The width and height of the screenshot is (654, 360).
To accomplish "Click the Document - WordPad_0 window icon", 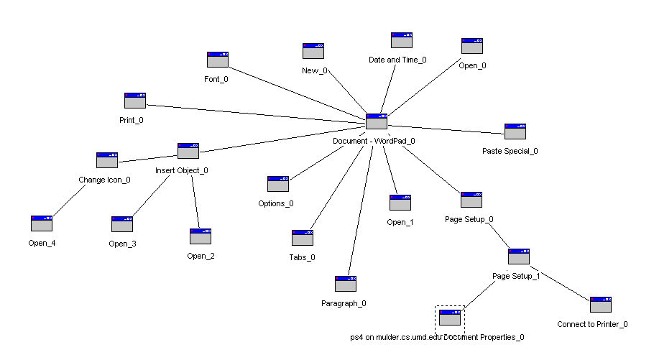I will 377,121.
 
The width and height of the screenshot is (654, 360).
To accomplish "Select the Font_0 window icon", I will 218,60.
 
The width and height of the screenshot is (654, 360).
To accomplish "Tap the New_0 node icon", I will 313,51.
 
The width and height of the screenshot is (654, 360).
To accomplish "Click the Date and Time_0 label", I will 397,60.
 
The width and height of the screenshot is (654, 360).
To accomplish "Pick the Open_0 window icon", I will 471,46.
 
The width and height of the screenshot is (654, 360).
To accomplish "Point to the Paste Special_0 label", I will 510,152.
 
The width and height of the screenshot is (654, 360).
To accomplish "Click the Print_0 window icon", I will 135,101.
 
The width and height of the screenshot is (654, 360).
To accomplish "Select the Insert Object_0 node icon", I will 188,151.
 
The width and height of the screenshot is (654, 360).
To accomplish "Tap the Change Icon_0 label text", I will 104,180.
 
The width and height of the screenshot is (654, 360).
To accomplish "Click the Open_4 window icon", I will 42,223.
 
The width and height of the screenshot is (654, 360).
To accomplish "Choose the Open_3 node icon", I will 122,224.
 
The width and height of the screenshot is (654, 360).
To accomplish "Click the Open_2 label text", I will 201,257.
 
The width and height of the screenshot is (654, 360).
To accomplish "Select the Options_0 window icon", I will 278,184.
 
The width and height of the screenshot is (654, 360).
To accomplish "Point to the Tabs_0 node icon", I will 303,238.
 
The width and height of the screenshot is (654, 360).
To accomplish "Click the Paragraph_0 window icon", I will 346,284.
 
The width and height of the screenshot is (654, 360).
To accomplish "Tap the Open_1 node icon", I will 400,203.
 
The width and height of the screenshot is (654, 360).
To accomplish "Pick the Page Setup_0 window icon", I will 471,200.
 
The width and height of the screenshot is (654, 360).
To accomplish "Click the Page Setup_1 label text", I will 516,277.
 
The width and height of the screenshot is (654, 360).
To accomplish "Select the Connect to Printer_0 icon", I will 601,305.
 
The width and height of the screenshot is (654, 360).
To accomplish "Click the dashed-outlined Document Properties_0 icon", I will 450,318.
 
